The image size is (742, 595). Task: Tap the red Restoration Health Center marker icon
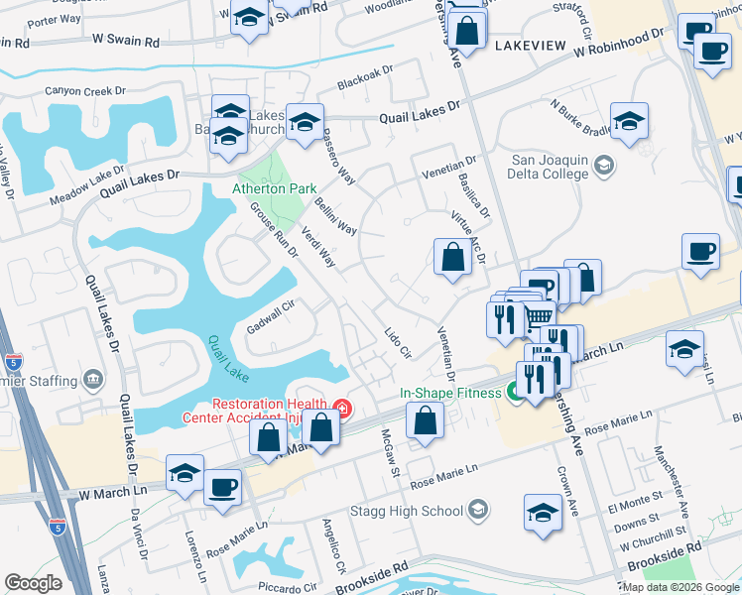click(x=342, y=408)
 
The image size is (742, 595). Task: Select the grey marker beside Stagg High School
click(x=478, y=511)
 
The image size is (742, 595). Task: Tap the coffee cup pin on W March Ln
click(x=222, y=488)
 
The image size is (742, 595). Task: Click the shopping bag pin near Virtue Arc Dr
click(x=452, y=258)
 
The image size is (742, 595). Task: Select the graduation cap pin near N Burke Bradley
click(x=628, y=121)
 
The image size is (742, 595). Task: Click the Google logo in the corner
click(x=33, y=583)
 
